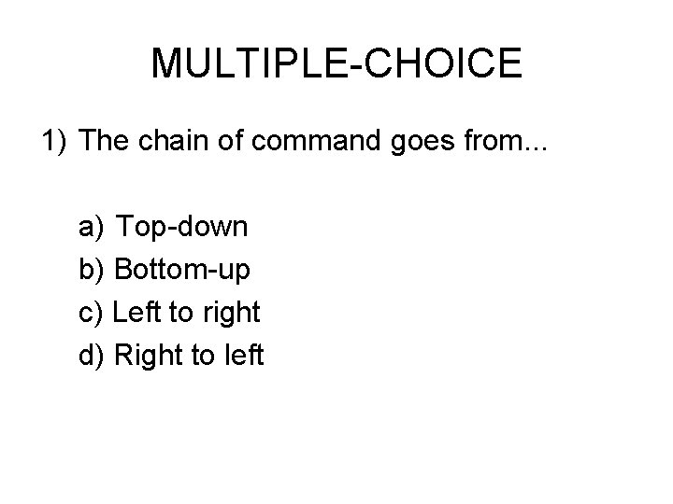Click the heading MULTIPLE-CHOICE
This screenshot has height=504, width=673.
(336, 63)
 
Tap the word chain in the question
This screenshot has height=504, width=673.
(169, 141)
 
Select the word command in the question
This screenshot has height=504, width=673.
(303, 141)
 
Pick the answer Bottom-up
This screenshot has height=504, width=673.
(182, 271)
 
